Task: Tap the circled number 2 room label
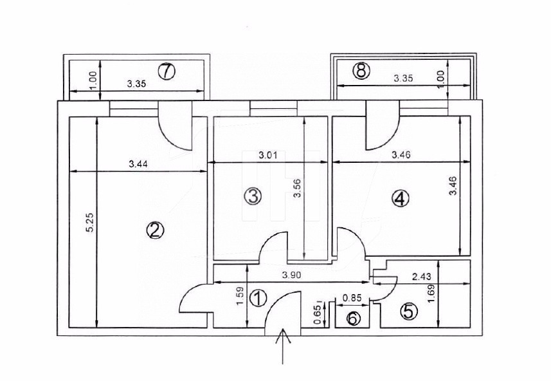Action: coord(154,230)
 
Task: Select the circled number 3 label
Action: coord(253,196)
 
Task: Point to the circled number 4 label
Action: coord(400,200)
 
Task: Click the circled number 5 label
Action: coord(408,311)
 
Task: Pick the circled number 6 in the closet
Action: coord(353,317)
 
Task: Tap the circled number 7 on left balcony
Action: coord(166,71)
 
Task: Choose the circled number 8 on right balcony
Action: coord(362,71)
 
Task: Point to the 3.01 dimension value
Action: coord(269,155)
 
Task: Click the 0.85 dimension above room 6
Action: coord(351,298)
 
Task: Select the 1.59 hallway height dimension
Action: coord(239,295)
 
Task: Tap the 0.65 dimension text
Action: coord(317,312)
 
